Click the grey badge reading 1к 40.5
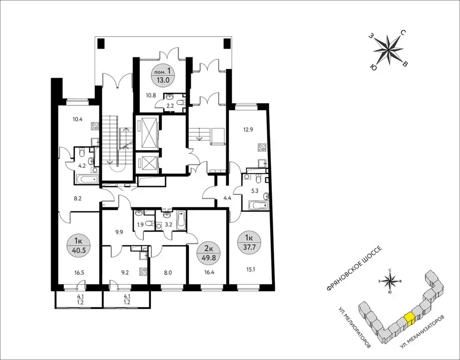click(78, 245)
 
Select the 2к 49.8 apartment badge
click(209, 254)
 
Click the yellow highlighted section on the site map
click(409, 318)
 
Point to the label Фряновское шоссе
click(354, 268)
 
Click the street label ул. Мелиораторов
click(354, 328)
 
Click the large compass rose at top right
click(388, 50)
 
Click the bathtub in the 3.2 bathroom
click(181, 220)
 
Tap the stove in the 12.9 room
click(262, 148)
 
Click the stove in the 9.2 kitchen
click(143, 272)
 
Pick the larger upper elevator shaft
click(147, 132)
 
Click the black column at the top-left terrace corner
click(101, 44)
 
